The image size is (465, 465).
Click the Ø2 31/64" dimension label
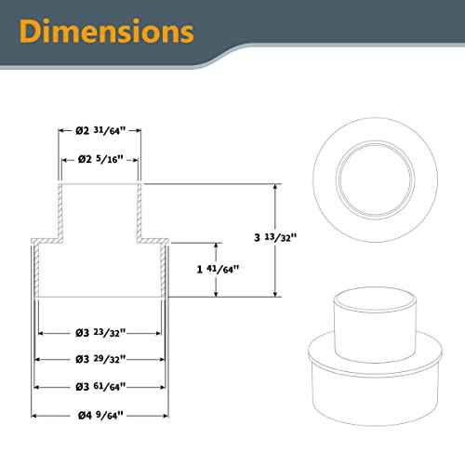click(100, 131)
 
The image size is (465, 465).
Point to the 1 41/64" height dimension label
click(216, 269)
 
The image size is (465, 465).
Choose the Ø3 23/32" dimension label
click(100, 332)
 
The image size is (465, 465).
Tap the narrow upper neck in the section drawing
click(100, 209)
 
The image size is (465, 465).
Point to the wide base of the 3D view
click(371, 381)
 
